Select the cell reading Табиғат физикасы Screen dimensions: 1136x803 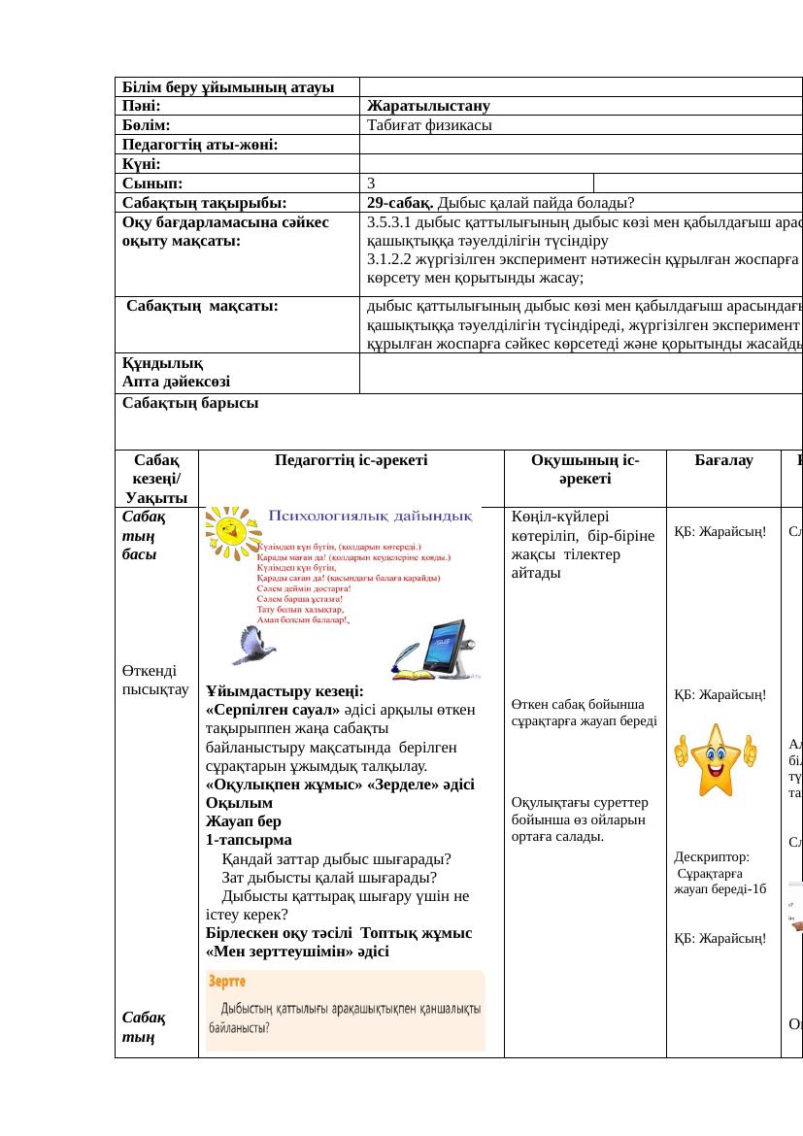coord(429,125)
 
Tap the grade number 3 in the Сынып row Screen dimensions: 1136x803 coord(372,183)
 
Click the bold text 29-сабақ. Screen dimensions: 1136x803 coord(400,202)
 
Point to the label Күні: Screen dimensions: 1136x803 coord(142,163)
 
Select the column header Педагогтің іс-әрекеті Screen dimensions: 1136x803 coord(351,462)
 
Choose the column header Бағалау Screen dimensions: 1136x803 coord(723,462)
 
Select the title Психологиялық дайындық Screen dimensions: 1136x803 coord(372,517)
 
